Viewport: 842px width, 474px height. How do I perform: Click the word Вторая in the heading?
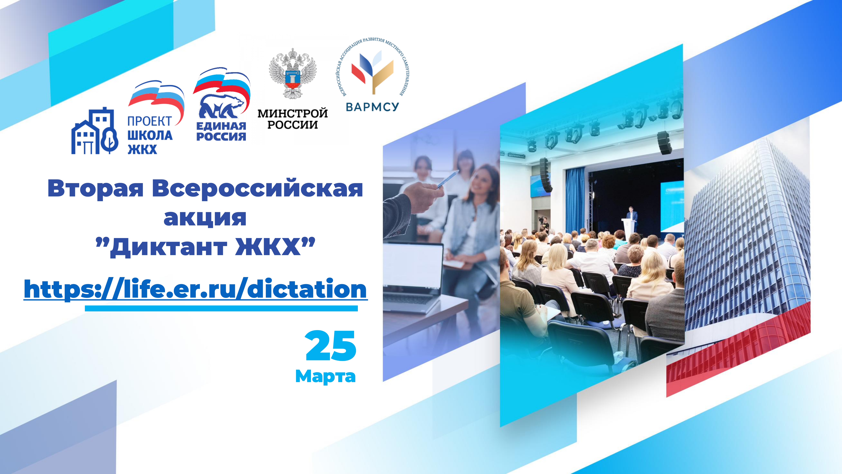pyautogui.click(x=95, y=189)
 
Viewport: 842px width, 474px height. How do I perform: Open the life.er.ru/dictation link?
pyautogui.click(x=196, y=289)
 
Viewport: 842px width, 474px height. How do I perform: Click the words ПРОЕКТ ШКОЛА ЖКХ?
pyautogui.click(x=150, y=135)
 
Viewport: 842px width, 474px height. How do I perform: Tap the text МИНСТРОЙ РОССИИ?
pyautogui.click(x=293, y=119)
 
